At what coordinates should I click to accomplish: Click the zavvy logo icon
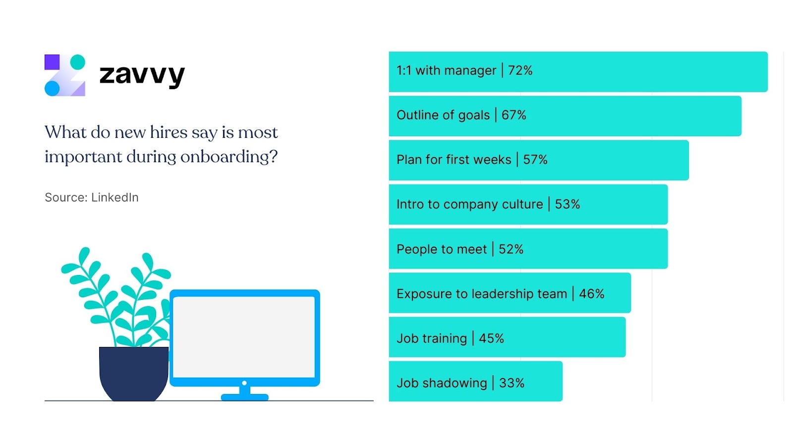[x=65, y=75]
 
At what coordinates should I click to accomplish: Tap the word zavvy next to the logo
[x=142, y=75]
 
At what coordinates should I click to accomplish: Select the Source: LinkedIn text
[x=92, y=197]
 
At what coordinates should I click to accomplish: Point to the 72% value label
[x=520, y=71]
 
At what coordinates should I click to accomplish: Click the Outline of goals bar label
[x=443, y=115]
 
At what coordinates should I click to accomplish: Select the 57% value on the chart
[x=535, y=160]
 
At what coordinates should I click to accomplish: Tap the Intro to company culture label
[x=470, y=204]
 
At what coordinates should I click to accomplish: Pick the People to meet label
[x=442, y=249]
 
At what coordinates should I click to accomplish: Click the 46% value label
[x=592, y=294]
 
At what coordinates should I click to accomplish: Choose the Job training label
[x=432, y=338]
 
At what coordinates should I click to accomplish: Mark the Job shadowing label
[x=442, y=383]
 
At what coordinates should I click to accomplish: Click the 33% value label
[x=512, y=383]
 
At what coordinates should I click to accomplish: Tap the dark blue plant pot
[x=133, y=373]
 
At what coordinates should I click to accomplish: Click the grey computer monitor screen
[x=244, y=336]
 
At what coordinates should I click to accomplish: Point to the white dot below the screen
[x=244, y=383]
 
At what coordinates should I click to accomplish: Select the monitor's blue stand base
[x=244, y=397]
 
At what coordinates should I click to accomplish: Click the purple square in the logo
[x=52, y=62]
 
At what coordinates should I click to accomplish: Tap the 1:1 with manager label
[x=446, y=71]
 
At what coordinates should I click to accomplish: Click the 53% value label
[x=567, y=204]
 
